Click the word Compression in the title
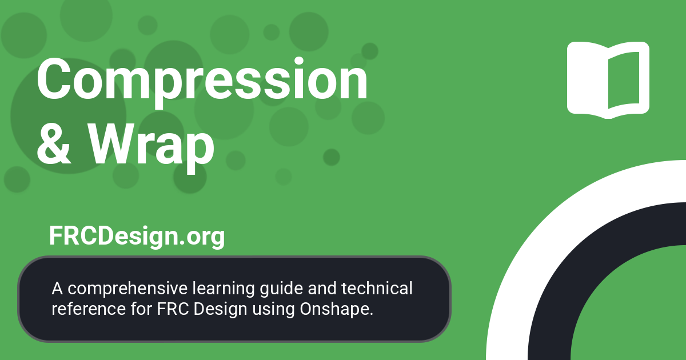coord(202,81)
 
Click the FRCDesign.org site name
coord(137,236)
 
